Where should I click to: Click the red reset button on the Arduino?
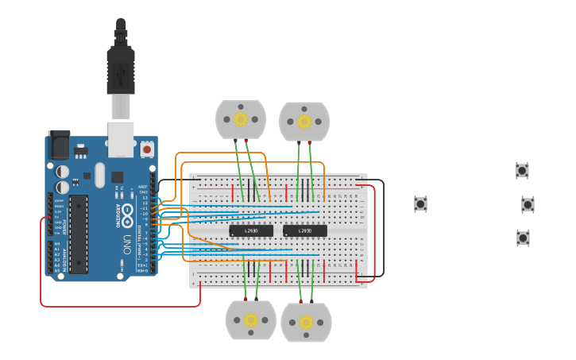(147, 149)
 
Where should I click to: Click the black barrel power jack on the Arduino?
(59, 146)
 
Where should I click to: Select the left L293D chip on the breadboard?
(251, 230)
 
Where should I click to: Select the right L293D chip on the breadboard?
(305, 230)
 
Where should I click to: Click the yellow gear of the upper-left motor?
(241, 119)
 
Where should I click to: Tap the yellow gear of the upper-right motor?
(304, 121)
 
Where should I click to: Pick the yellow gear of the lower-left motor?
(250, 319)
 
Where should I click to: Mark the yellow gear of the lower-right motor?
(306, 322)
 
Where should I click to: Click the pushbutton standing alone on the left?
(420, 204)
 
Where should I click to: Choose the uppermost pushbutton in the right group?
(522, 170)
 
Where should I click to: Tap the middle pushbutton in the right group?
(528, 204)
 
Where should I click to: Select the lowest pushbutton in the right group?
(523, 238)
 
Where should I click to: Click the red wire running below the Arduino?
(119, 306)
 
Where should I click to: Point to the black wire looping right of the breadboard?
(383, 230)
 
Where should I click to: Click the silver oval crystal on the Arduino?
(99, 175)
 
